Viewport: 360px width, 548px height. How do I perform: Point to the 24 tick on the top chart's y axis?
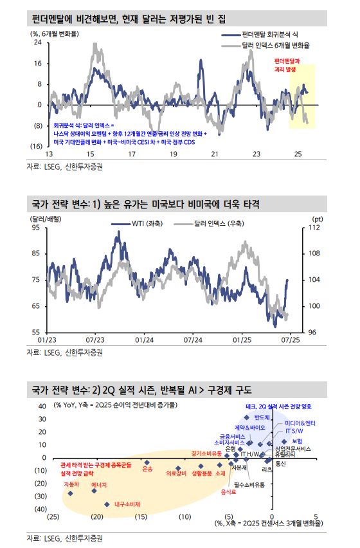coord(38,42)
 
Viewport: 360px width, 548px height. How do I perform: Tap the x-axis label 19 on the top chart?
coord(173,154)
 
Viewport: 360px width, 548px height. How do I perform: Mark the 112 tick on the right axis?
coord(315,228)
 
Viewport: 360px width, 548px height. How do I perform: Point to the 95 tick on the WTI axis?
coord(35,228)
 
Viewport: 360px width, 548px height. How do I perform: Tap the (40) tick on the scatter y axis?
coord(40,509)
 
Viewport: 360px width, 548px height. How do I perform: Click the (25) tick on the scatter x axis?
coord(53,516)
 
